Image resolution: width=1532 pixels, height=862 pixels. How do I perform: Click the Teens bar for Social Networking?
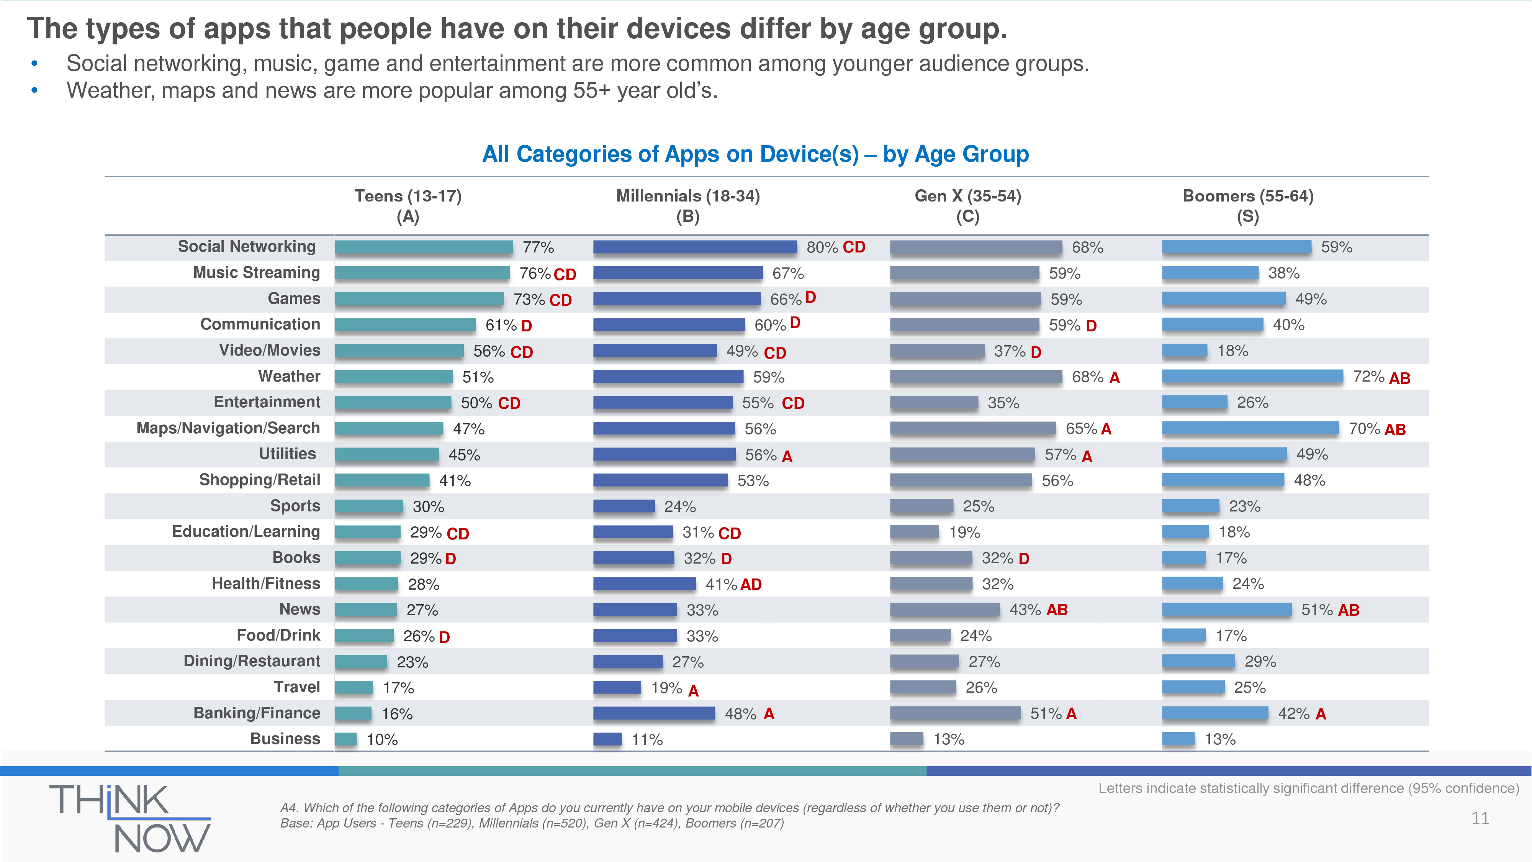424,247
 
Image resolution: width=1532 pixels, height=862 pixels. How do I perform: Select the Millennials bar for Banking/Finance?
654,713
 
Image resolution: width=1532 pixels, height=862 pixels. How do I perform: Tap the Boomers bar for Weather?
1252,377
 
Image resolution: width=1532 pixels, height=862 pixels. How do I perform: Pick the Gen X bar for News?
944,610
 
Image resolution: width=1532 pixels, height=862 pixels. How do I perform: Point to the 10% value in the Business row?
382,739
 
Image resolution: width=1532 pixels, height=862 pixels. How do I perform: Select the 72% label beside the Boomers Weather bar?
1368,377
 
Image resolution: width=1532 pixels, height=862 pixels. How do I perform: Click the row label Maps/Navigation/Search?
228,428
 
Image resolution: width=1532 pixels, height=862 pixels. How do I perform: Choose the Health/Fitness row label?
266,583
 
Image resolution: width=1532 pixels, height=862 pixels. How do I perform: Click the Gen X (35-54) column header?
967,205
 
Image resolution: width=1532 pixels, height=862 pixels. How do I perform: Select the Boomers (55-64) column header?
1248,205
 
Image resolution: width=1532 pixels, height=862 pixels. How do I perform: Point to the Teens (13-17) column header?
408,205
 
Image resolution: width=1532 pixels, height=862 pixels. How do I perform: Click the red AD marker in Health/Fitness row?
751,585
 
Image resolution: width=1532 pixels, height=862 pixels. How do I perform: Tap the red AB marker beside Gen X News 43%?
1056,610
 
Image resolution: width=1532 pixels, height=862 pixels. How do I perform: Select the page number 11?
1480,819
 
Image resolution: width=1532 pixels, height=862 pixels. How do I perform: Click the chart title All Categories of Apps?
755,154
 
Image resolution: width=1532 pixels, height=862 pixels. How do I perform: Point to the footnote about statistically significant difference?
1308,788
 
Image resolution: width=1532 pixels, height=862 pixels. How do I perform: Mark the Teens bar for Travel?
354,688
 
